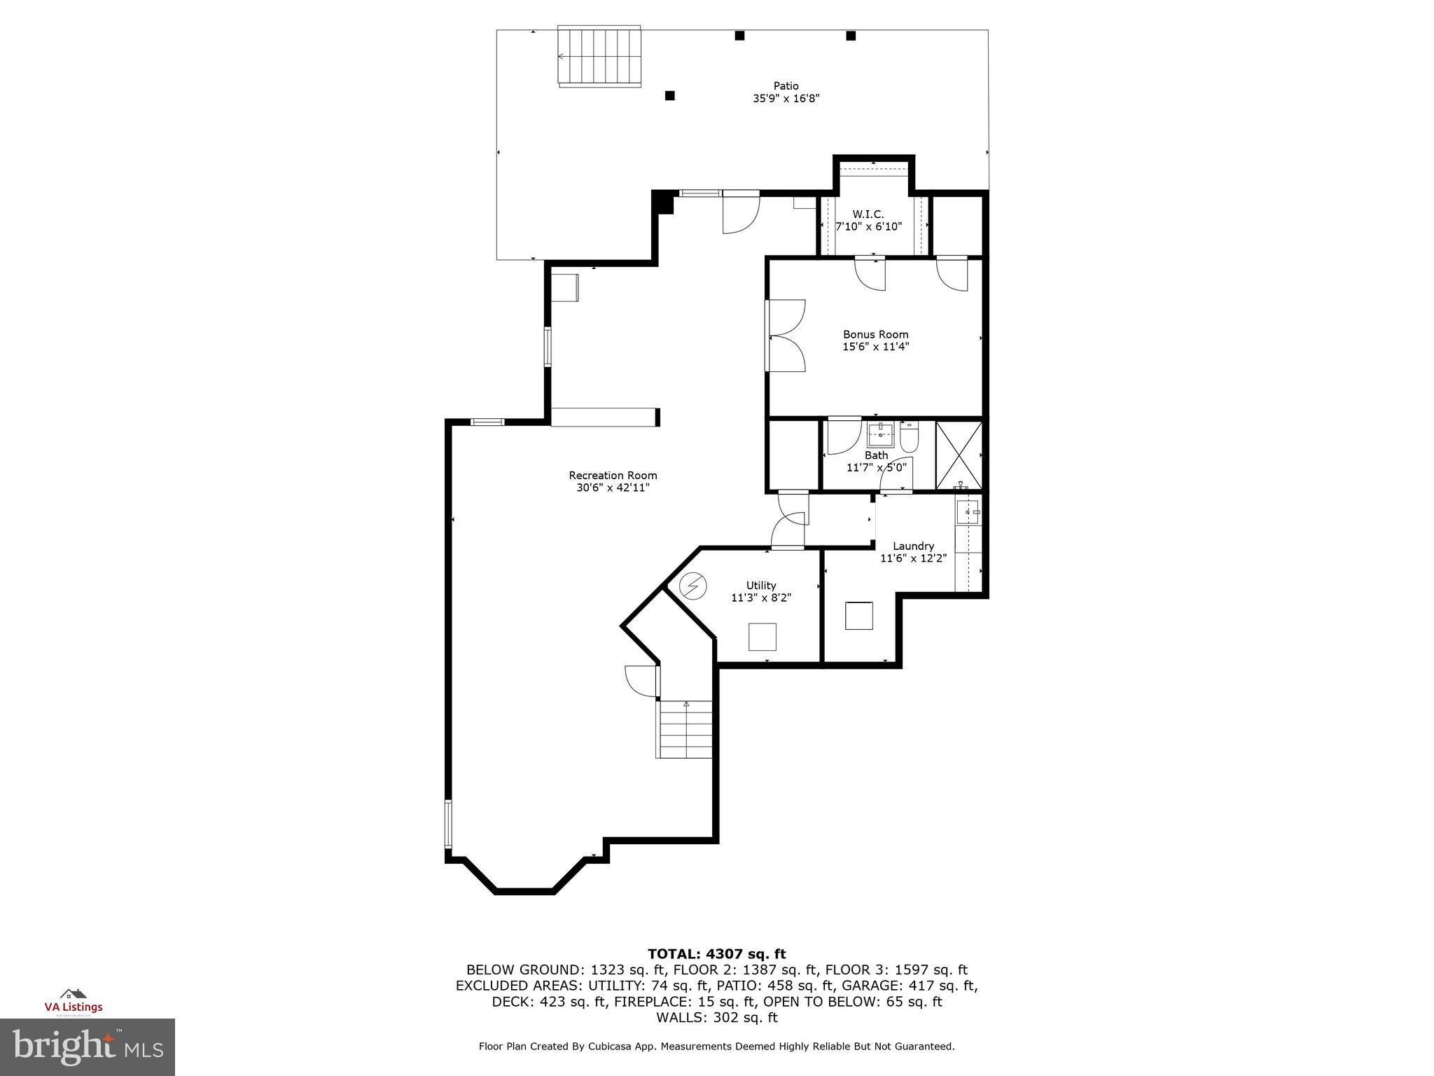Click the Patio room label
click(786, 86)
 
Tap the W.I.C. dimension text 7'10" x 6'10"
click(868, 226)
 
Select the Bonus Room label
click(875, 334)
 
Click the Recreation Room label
click(613, 476)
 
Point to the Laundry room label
click(913, 546)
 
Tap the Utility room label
click(760, 585)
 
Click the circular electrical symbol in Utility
click(693, 586)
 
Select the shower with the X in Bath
click(959, 455)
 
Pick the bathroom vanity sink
click(880, 434)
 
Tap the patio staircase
click(599, 56)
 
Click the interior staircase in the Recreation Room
click(685, 729)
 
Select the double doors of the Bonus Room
click(786, 336)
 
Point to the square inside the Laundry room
click(858, 615)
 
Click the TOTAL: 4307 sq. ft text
click(716, 953)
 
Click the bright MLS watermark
click(88, 1047)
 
